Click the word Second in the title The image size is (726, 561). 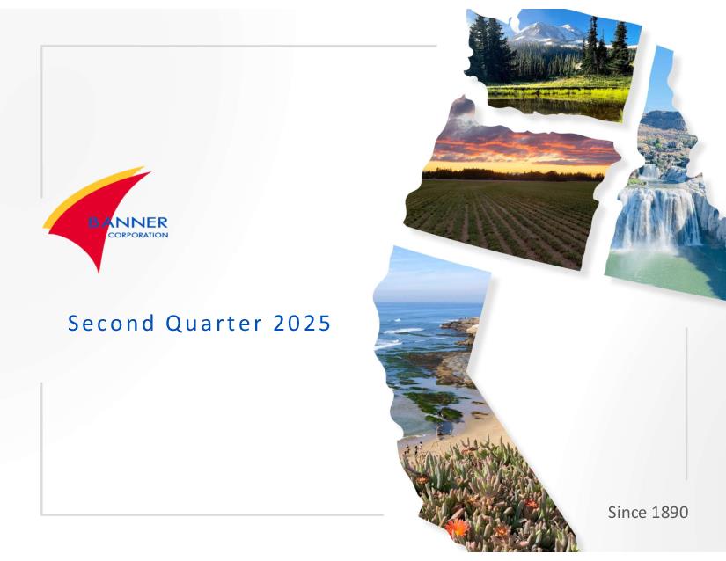point(111,323)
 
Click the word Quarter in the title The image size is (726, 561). point(214,323)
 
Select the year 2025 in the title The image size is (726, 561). point(302,323)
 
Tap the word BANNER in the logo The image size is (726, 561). point(128,222)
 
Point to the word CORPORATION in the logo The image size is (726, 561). point(138,235)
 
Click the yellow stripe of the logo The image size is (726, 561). point(88,194)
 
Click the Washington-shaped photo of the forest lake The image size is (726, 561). point(554,65)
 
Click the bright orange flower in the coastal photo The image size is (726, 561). point(457,528)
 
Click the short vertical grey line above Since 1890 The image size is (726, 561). point(686,404)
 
